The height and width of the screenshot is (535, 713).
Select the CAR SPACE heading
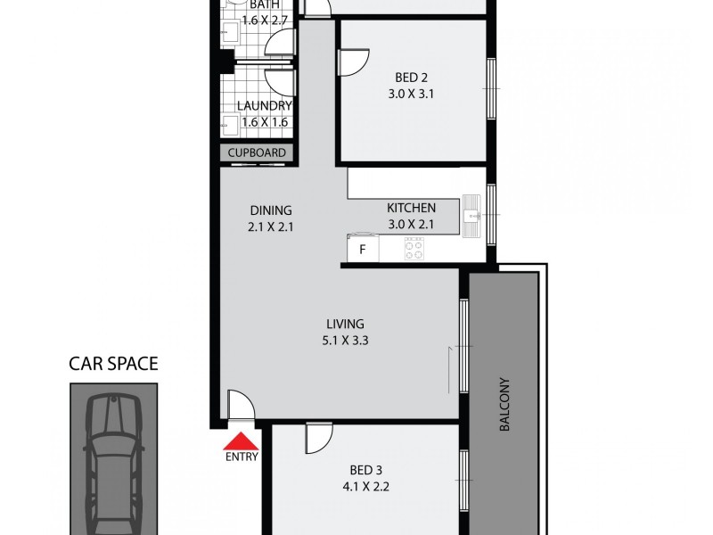(x=114, y=363)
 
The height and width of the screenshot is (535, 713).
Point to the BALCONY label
(x=504, y=415)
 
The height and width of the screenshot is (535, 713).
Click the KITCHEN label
(x=411, y=208)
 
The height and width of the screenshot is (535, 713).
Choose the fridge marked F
(x=362, y=249)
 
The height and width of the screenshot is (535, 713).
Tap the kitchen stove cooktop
(x=414, y=249)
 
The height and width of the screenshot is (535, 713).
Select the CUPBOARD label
(x=257, y=152)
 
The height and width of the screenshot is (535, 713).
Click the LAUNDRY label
(x=264, y=105)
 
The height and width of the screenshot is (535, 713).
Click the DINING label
(x=271, y=210)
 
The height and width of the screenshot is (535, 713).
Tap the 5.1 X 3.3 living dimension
(x=345, y=341)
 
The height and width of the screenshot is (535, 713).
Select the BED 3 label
(x=367, y=470)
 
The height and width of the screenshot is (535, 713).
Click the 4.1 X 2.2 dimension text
(x=367, y=487)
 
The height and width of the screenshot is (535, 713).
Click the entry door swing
(x=240, y=405)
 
